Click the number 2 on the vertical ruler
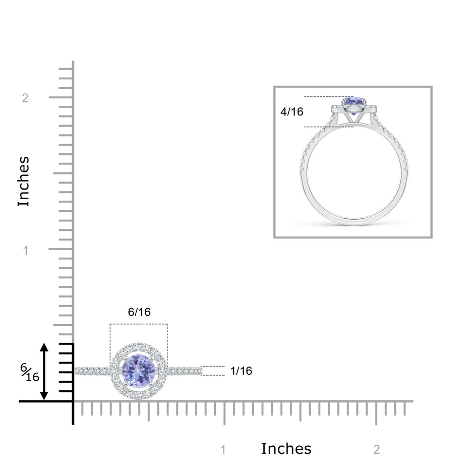(x=25, y=98)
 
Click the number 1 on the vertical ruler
(x=26, y=250)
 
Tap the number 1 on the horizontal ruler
(x=223, y=450)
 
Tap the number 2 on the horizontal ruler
(x=376, y=450)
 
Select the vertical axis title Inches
(x=24, y=182)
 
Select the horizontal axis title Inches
(x=286, y=449)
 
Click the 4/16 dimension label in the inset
(x=292, y=112)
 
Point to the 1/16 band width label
(x=241, y=371)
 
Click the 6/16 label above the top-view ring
(x=139, y=312)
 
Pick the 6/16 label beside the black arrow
(x=30, y=373)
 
